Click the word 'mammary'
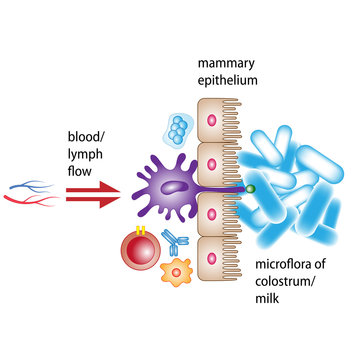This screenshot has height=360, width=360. pos(225,61)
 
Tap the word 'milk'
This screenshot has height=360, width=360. pos(271,298)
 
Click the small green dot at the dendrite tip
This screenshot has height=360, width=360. pos(251,187)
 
